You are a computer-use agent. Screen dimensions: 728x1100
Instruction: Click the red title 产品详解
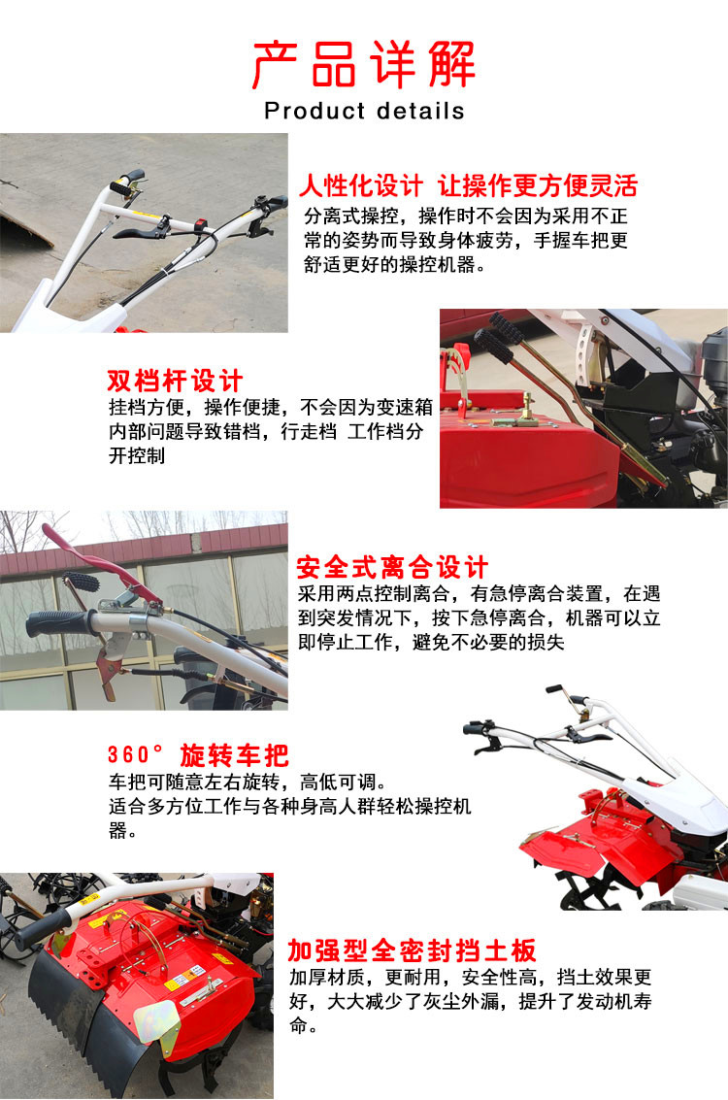[x=363, y=64]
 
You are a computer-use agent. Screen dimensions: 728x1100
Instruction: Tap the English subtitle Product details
[x=364, y=111]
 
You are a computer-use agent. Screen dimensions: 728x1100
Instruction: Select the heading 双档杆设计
[x=175, y=381]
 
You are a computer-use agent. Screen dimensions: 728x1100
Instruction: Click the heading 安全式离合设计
[x=391, y=567]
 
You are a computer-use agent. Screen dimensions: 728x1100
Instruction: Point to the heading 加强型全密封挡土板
[x=412, y=950]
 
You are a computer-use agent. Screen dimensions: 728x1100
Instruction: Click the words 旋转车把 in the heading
[x=234, y=754]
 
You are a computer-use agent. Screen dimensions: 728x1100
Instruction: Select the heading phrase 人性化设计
[x=360, y=185]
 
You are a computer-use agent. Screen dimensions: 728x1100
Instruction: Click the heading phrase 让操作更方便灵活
[x=538, y=185]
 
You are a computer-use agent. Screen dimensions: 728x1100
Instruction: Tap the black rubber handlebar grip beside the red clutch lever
[x=60, y=623]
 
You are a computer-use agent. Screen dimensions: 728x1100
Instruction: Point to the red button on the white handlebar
[x=202, y=225]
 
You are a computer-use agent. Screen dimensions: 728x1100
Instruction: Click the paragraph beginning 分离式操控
[x=466, y=241]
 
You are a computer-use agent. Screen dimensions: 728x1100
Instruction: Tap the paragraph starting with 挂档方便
[x=270, y=431]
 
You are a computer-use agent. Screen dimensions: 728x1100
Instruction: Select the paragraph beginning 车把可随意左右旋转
[x=289, y=806]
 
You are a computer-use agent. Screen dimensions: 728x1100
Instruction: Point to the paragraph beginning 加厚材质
[x=471, y=1000]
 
